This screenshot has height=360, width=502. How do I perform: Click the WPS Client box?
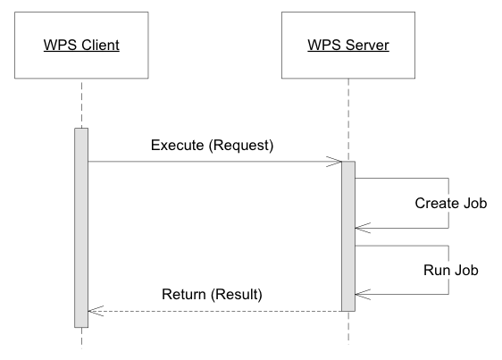[81, 46]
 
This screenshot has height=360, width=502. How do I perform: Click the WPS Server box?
[348, 46]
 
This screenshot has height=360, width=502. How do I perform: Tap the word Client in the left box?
[100, 45]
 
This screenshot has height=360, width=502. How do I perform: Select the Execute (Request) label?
[212, 146]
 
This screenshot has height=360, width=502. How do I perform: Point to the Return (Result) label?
[212, 294]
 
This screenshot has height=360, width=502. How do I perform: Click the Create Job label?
[451, 204]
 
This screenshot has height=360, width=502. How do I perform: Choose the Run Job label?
[451, 270]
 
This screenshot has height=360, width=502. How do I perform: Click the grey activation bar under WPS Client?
[81, 228]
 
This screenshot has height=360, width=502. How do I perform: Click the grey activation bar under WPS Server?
[348, 236]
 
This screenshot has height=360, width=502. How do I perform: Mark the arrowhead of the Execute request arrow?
[341, 162]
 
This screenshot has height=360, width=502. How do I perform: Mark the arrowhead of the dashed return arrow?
[88, 311]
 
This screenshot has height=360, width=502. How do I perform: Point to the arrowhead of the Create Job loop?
[356, 228]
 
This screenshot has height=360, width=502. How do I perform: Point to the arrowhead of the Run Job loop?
[356, 294]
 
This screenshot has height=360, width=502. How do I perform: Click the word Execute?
[177, 146]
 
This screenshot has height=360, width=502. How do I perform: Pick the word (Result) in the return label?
[237, 295]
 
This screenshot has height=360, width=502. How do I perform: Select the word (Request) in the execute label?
[241, 146]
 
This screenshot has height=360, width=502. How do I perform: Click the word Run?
[435, 270]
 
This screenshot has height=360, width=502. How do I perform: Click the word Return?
[183, 294]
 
